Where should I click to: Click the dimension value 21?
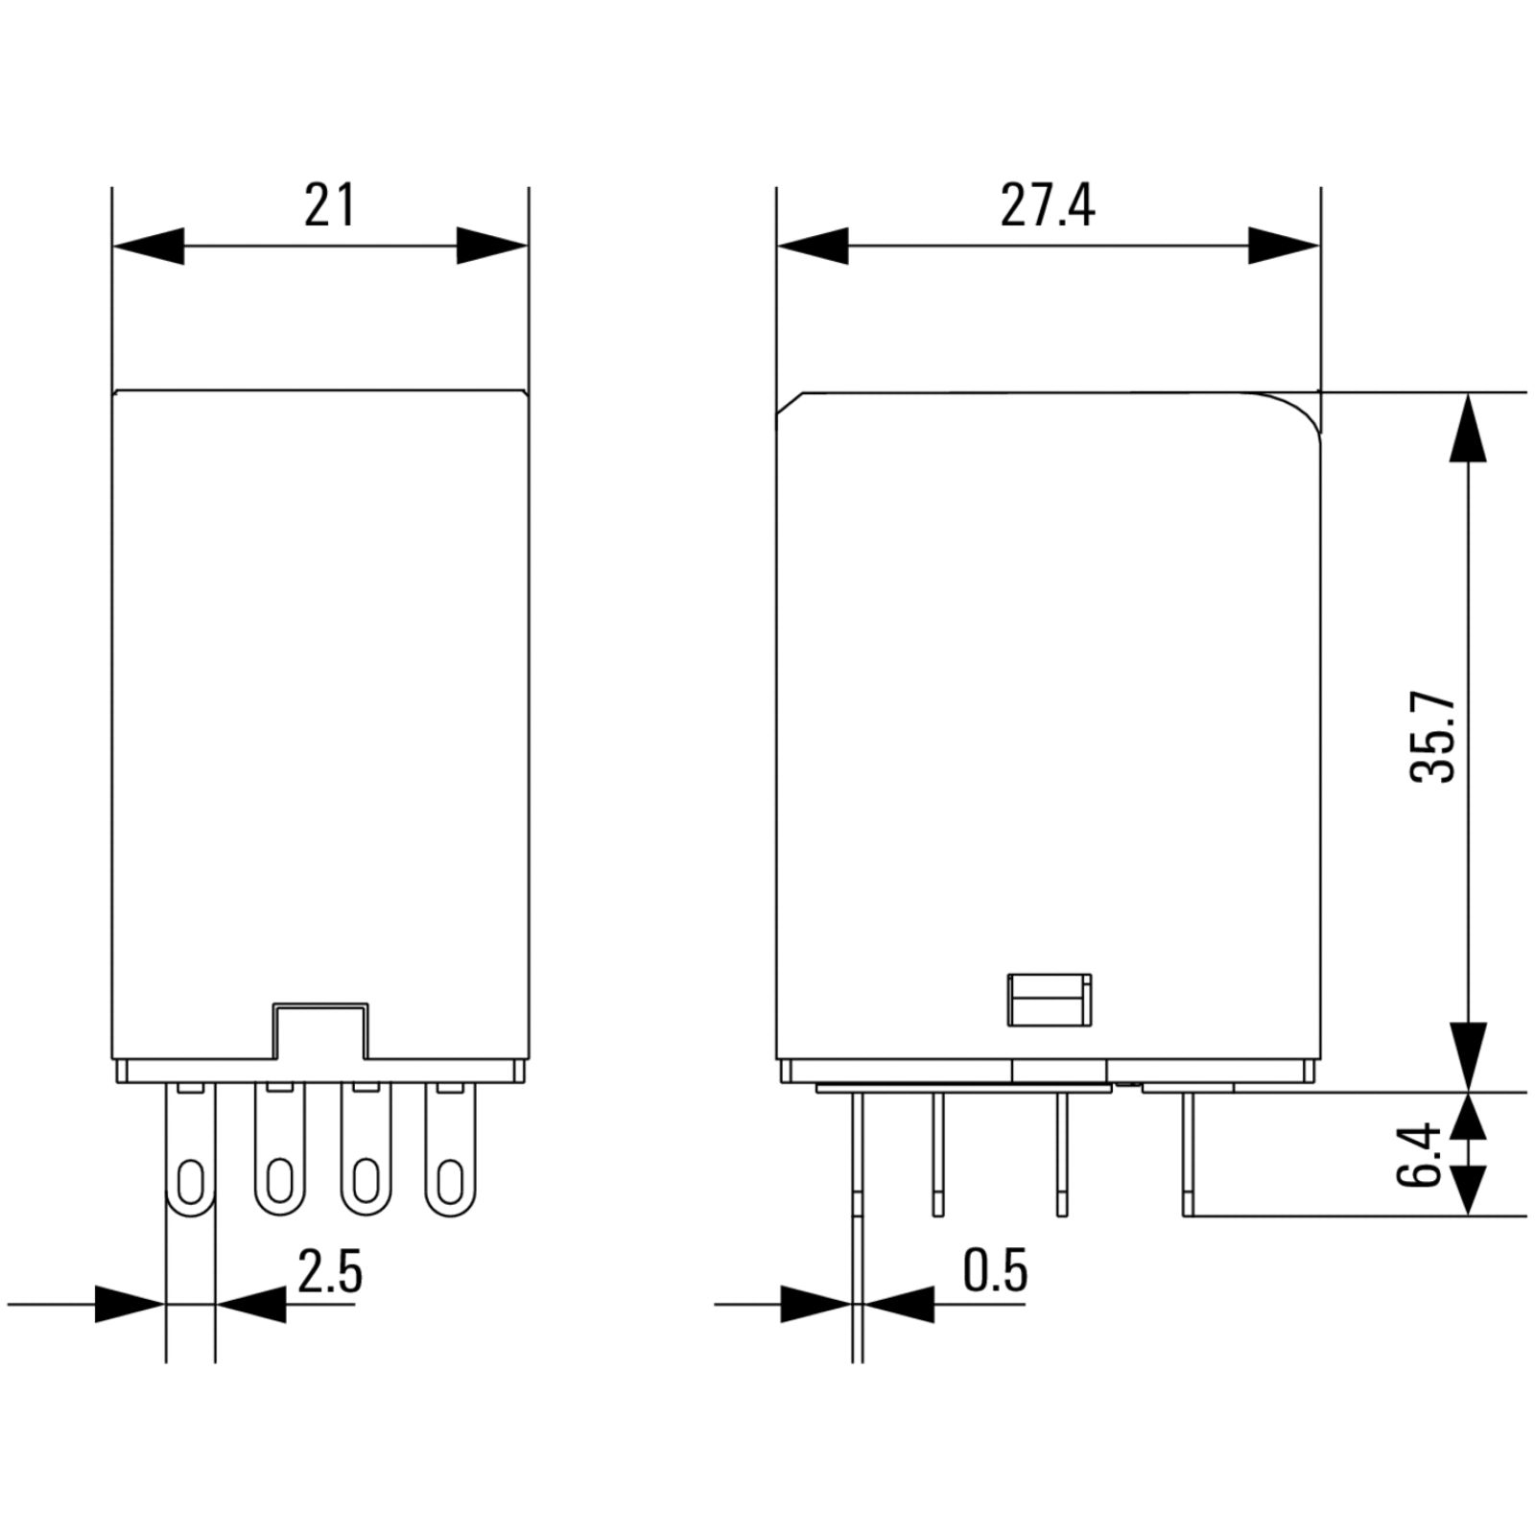[330, 205]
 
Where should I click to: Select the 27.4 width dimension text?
[1047, 205]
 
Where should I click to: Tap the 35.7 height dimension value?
[1433, 738]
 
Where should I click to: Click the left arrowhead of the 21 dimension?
[148, 246]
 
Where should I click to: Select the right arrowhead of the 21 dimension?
[492, 246]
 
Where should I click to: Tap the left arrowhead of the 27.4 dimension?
[813, 246]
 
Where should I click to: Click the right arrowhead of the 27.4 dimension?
[1285, 246]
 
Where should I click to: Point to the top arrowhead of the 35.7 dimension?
[1468, 428]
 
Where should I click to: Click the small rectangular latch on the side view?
[1049, 1000]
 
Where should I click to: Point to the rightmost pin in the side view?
[1188, 1154]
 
